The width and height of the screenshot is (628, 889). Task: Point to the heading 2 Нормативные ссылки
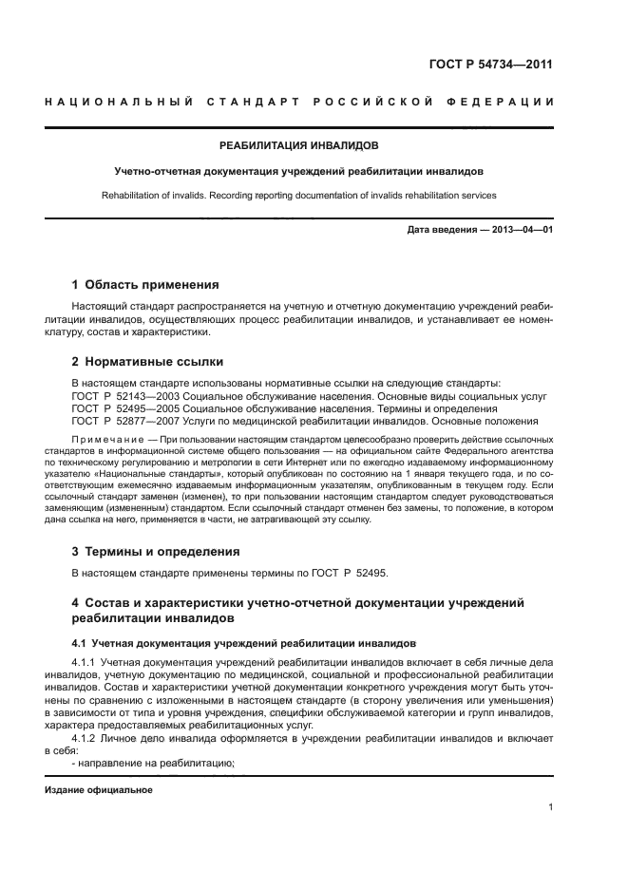click(147, 362)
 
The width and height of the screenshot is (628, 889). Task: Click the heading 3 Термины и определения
click(156, 551)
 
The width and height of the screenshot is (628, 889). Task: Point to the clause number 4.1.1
click(86, 661)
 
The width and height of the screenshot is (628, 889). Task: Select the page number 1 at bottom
click(550, 807)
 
